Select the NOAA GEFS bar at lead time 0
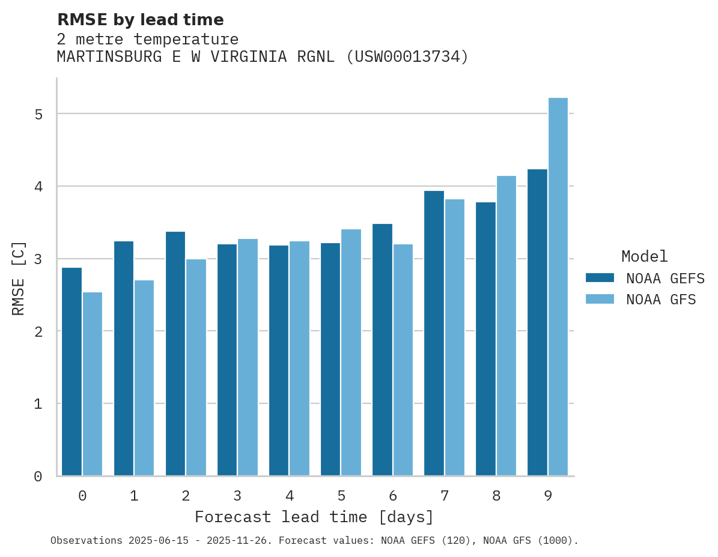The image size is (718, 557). click(71, 372)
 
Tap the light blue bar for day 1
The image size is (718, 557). click(144, 378)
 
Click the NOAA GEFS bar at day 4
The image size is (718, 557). click(279, 361)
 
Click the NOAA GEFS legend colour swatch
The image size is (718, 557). click(600, 278)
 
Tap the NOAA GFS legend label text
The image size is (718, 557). click(661, 300)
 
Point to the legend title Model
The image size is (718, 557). click(644, 257)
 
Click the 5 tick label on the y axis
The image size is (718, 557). click(38, 114)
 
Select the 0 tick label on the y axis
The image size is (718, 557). click(38, 477)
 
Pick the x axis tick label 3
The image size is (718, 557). click(237, 496)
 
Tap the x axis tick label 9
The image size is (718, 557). click(548, 496)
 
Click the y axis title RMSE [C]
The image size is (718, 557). click(19, 278)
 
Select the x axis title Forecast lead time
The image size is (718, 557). click(314, 517)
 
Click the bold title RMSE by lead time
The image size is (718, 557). click(140, 20)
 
